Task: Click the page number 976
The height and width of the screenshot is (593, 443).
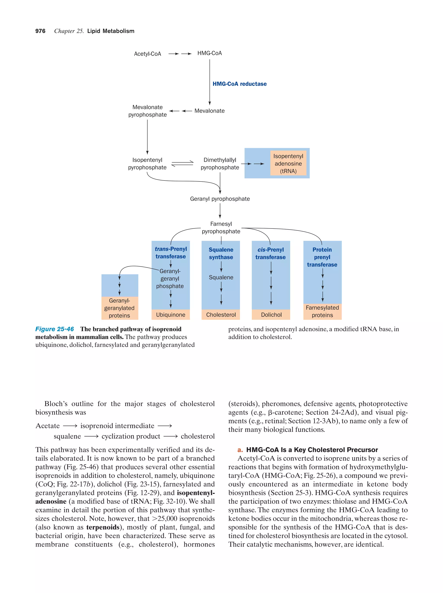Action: click(40, 31)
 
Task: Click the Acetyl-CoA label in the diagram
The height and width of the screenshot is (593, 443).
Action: click(147, 54)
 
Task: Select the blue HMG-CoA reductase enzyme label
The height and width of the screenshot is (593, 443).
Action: click(239, 84)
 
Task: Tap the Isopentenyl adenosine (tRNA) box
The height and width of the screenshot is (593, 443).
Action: click(288, 164)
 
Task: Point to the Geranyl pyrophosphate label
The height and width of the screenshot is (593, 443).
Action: click(220, 199)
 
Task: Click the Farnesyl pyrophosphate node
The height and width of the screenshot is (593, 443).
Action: click(221, 228)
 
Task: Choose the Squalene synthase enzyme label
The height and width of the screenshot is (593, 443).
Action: click(221, 253)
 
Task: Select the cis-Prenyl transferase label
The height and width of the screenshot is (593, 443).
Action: click(270, 253)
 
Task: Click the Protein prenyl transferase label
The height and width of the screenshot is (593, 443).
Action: click(322, 257)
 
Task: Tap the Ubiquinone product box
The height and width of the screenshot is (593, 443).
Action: click(170, 315)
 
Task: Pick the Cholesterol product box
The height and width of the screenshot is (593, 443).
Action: click(221, 315)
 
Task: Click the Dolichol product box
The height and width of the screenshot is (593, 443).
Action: click(271, 315)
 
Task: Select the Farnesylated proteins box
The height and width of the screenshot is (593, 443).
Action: click(322, 312)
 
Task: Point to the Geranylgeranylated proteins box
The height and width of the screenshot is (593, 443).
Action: click(120, 308)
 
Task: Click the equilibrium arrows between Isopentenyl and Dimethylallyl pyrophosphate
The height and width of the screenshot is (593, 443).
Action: click(182, 164)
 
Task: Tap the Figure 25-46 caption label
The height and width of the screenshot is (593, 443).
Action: click(55, 329)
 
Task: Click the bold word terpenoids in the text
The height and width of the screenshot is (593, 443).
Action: click(103, 527)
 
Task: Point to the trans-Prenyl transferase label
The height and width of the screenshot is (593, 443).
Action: click(170, 252)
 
